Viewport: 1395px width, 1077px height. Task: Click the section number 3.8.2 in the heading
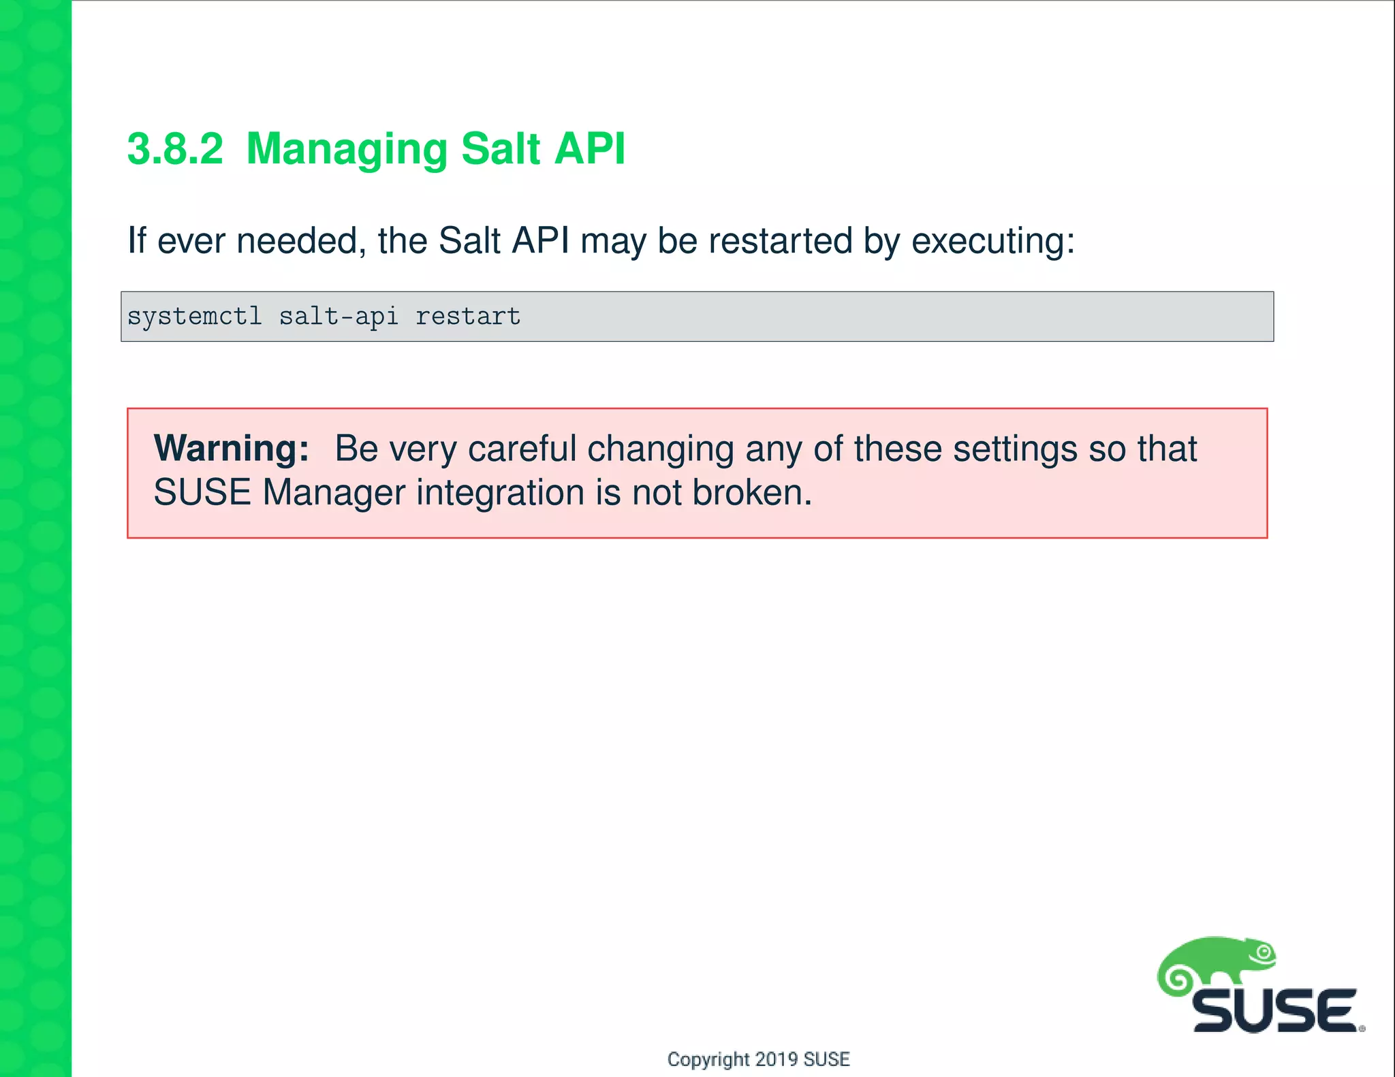click(x=175, y=148)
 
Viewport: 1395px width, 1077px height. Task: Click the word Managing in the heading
click(x=346, y=150)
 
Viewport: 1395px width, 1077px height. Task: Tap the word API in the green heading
click(x=589, y=148)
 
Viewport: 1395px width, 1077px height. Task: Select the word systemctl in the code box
click(x=195, y=317)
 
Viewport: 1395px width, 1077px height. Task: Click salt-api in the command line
click(x=339, y=317)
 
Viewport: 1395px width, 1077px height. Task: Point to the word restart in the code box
click(x=468, y=317)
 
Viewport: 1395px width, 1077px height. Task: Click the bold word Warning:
click(x=232, y=449)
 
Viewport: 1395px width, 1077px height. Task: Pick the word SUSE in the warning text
click(x=203, y=492)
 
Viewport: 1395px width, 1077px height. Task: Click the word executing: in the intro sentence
click(x=993, y=241)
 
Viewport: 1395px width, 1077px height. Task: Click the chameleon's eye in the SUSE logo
click(x=1264, y=952)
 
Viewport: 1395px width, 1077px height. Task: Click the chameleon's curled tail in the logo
click(x=1176, y=980)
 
